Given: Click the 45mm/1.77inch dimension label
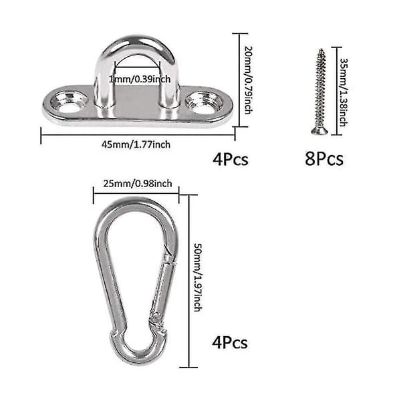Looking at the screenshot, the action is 136,145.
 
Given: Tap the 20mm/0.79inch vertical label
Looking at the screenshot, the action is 249,80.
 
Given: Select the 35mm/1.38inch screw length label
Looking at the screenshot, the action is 344,92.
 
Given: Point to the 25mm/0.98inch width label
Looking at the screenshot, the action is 138,184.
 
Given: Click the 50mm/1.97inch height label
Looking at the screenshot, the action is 198,277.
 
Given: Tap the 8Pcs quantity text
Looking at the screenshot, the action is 324,159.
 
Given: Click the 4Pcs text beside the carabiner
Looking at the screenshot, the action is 230,342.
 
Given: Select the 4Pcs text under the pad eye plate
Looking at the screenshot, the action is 231,159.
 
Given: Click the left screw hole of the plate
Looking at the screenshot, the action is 70,103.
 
